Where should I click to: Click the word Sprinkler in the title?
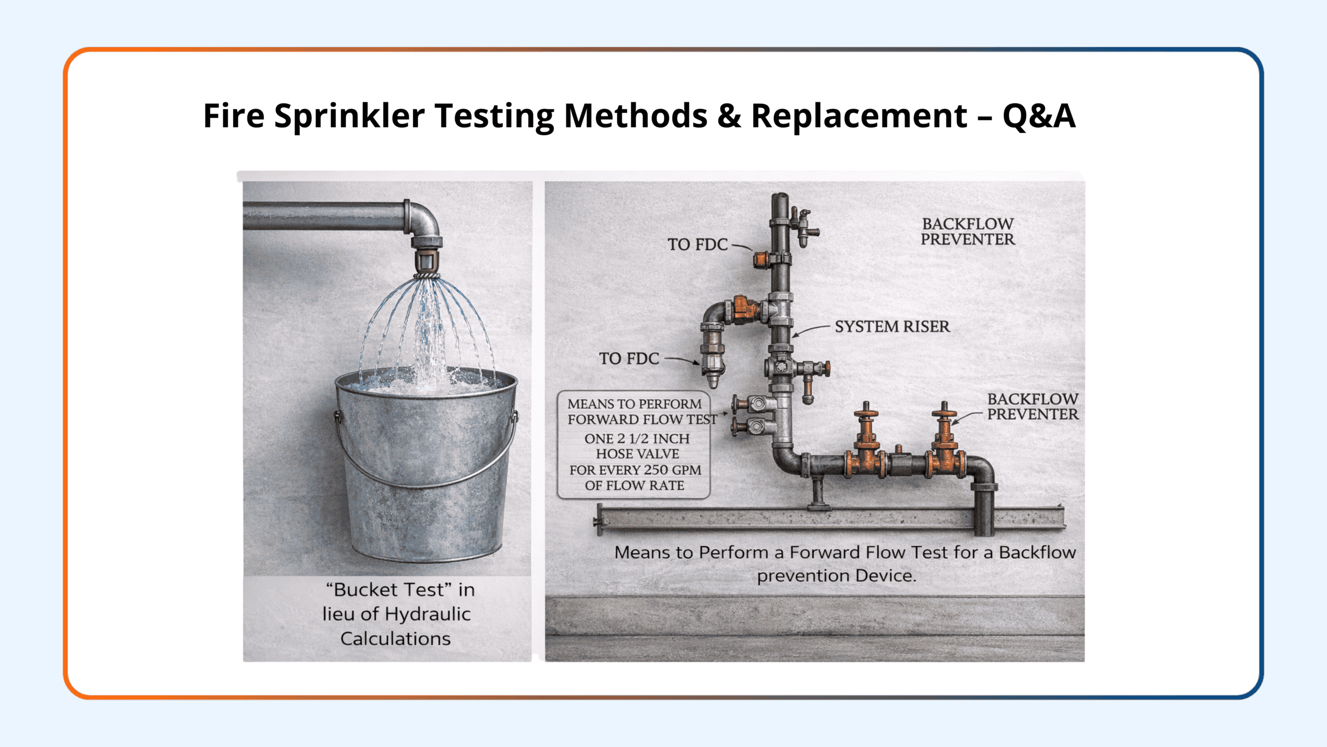click(349, 116)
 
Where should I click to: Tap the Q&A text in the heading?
click(1039, 116)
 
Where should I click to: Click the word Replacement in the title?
click(859, 116)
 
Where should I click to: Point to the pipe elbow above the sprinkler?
click(422, 218)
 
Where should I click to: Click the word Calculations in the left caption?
click(396, 639)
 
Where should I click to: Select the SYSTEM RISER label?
click(892, 326)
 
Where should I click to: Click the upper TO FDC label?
click(697, 244)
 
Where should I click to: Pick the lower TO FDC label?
click(629, 358)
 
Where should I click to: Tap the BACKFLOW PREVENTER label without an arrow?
click(968, 231)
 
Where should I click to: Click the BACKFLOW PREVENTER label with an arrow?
click(1033, 406)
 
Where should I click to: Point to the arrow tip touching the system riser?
click(794, 336)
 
